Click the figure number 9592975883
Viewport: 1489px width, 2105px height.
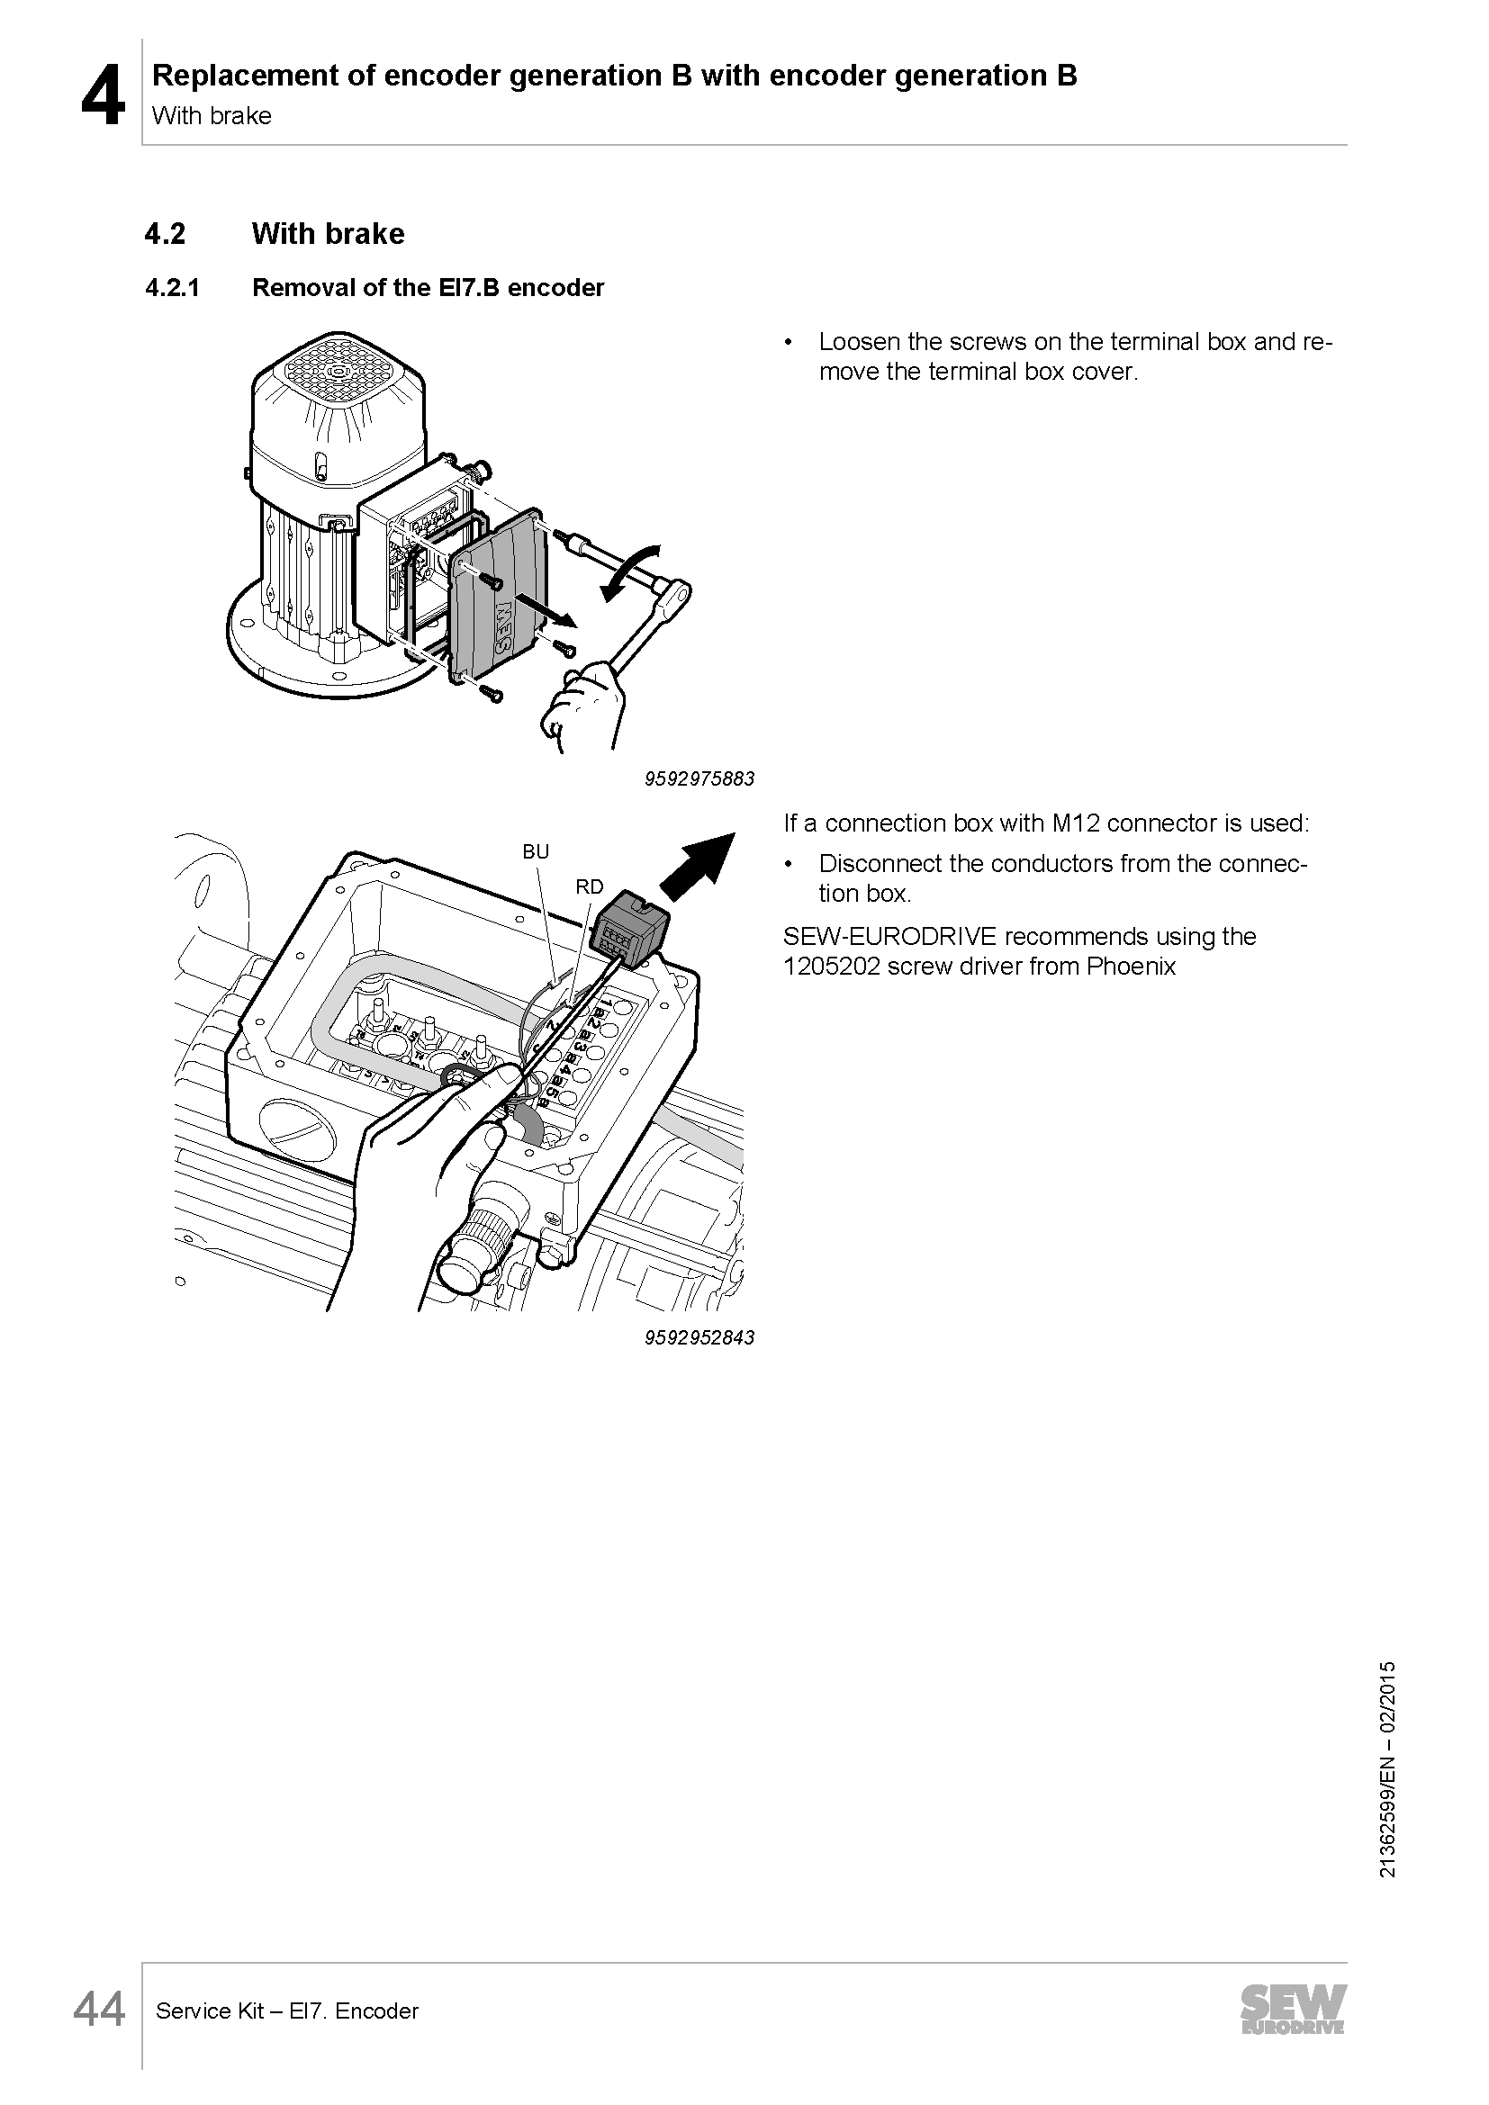(699, 778)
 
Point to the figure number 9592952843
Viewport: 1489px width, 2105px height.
(699, 1336)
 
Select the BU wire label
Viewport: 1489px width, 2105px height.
(536, 851)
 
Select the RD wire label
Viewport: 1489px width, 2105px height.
(590, 886)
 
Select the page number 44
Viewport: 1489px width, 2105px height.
(99, 2011)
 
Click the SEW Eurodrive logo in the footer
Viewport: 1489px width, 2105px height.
(1294, 2010)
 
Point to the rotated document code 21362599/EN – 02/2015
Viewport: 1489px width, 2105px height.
(1387, 1768)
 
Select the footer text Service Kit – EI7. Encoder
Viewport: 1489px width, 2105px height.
(287, 2011)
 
